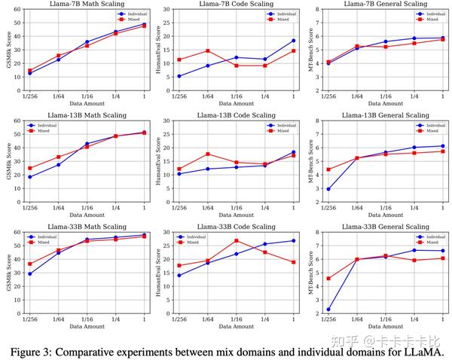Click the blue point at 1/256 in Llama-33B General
point(328,309)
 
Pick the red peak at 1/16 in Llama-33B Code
point(236,241)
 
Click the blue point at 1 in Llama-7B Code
point(293,41)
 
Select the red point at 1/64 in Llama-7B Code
point(206,51)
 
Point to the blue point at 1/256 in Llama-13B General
point(328,189)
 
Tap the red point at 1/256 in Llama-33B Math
point(29,264)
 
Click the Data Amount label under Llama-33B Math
point(86,327)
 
